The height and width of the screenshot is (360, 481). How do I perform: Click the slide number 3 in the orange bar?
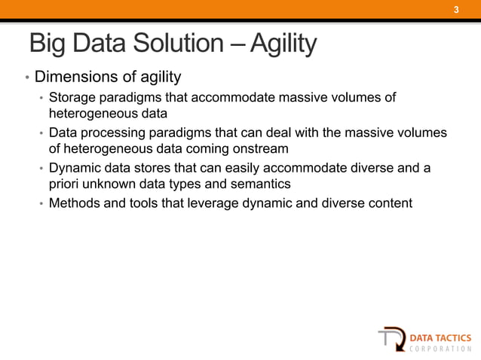click(x=455, y=10)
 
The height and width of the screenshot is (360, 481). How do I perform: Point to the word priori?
click(x=65, y=185)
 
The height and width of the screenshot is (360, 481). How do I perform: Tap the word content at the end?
click(x=389, y=203)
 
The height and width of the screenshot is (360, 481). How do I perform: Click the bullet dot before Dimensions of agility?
click(x=26, y=78)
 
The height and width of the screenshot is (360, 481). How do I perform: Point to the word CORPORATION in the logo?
click(x=441, y=349)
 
